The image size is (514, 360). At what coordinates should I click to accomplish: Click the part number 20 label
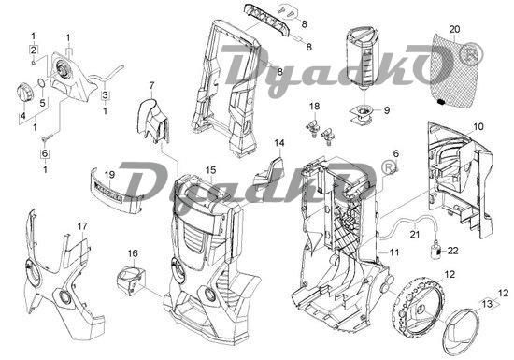pos(454,29)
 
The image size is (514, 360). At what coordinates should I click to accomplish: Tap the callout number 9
pos(387,110)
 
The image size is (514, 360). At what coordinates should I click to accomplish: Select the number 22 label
pos(452,251)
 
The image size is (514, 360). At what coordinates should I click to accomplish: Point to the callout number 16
pos(133,253)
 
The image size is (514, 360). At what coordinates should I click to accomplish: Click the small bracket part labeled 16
pos(131,281)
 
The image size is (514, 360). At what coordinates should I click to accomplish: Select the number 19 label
pos(110,175)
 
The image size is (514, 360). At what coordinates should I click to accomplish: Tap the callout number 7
pos(151,86)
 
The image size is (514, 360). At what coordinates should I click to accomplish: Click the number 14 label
pos(279,143)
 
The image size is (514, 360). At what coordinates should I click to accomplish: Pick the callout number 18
pos(314,107)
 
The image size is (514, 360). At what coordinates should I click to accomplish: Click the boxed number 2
pos(33,50)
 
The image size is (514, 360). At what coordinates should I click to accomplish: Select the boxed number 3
pos(105,95)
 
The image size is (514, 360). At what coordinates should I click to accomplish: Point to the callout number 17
pos(82,226)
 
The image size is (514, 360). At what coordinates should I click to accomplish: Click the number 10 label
pos(478,126)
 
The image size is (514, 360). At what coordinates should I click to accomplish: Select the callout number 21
pos(415,235)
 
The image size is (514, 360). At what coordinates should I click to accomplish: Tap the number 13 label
pos(488,304)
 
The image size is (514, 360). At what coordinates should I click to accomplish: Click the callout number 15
pos(211,170)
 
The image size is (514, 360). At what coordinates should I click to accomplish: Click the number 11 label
pos(393,252)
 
